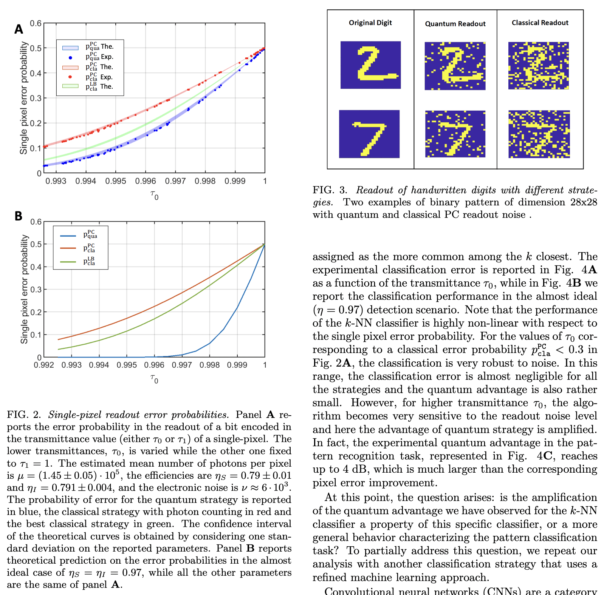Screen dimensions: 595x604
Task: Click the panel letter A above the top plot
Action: [19, 29]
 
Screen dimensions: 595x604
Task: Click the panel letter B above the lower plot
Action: [18, 216]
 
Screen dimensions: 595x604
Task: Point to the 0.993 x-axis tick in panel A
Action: [56, 181]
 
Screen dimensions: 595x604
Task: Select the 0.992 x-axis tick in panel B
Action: [44, 365]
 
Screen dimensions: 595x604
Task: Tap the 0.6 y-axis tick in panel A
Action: [36, 23]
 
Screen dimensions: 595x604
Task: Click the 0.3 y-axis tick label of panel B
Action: [36, 290]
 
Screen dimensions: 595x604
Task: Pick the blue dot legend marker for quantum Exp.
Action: [70, 57]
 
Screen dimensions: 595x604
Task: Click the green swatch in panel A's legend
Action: [70, 86]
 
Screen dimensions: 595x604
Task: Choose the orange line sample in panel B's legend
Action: [68, 248]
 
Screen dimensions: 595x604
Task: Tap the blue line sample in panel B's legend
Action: [68, 236]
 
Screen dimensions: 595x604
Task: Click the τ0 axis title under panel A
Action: [154, 195]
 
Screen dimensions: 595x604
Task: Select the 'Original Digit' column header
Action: [370, 23]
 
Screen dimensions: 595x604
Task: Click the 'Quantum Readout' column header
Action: [455, 24]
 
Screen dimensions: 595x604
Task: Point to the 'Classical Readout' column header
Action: [540, 23]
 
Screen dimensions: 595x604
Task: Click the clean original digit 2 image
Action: [370, 65]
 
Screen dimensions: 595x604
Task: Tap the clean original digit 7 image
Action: [369, 134]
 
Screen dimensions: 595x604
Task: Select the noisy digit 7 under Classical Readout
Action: [539, 134]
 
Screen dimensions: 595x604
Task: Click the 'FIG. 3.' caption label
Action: [330, 190]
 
